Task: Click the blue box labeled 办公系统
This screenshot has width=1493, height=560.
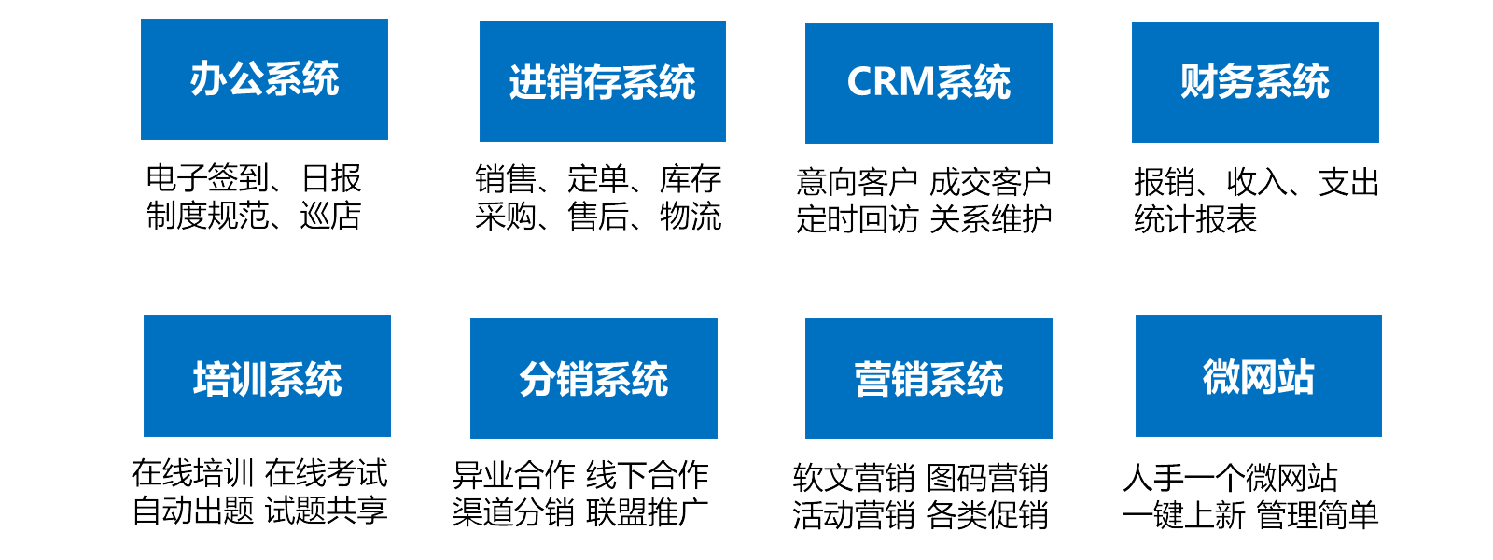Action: (264, 79)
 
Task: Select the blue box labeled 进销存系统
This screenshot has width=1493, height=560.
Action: (602, 81)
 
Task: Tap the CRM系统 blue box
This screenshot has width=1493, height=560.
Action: (928, 83)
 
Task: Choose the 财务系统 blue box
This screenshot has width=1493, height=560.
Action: (1255, 82)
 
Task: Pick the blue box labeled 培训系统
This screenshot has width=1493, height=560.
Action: (267, 376)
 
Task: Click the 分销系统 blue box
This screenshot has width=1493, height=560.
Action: (593, 378)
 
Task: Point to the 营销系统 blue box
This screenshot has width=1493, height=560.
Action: (928, 378)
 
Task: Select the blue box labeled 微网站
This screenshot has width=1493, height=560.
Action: (1258, 376)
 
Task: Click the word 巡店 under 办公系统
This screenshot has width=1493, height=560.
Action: (330, 216)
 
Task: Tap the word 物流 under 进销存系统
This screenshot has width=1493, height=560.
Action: (691, 217)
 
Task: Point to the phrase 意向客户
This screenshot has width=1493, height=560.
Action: (857, 182)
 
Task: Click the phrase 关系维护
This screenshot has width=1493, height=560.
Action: (990, 219)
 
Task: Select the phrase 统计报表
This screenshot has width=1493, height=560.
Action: (1195, 219)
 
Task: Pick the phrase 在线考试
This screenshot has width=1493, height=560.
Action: (326, 473)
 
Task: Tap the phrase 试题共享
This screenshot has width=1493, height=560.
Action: (326, 511)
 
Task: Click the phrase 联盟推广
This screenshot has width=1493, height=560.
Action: (647, 512)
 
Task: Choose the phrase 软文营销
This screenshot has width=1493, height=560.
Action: (854, 478)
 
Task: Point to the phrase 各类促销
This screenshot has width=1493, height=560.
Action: (987, 515)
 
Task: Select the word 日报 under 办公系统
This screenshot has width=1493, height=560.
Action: (331, 178)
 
